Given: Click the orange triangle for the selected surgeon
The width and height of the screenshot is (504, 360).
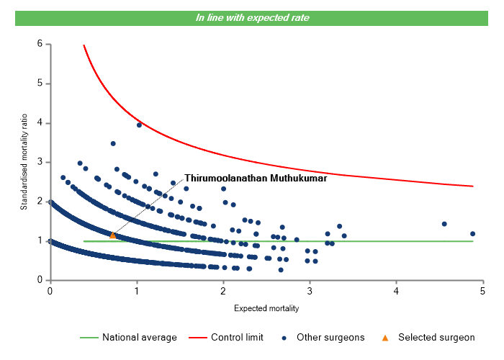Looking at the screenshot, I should coord(112,235).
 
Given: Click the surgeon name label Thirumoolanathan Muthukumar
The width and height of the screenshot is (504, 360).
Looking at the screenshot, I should coord(256,178).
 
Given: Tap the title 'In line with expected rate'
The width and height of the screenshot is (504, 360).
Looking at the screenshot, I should coord(252,17).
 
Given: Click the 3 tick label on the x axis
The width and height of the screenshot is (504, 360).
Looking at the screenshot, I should coord(310,291).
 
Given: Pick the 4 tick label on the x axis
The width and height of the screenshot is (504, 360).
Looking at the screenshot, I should coord(397,291).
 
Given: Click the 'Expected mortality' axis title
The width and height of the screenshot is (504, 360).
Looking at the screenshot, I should coord(266,309).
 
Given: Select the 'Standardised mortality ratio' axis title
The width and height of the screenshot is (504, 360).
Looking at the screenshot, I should coord(24,162).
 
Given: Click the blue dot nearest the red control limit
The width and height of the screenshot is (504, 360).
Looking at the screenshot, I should coord(139,125).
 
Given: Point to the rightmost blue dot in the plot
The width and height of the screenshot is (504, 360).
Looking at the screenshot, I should coord(472,233).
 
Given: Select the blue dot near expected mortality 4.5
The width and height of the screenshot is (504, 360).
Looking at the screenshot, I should coord(444,224).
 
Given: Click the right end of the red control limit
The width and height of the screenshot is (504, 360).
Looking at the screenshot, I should coord(473,186).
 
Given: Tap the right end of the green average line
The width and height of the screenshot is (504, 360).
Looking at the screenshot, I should coord(473,241).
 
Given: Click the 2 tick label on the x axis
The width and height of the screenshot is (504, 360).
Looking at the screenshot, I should coord(223,291).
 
